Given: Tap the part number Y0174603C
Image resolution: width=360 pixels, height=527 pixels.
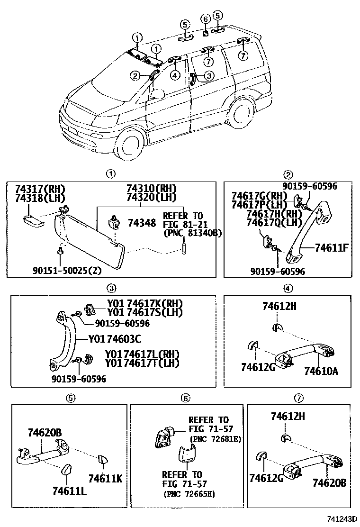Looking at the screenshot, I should [x=115, y=339].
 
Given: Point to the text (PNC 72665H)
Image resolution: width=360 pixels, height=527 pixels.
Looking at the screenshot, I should [x=189, y=494].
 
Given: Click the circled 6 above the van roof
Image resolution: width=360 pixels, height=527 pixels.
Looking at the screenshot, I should [x=205, y=19].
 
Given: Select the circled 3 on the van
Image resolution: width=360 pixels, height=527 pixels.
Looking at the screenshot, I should [x=209, y=75].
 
